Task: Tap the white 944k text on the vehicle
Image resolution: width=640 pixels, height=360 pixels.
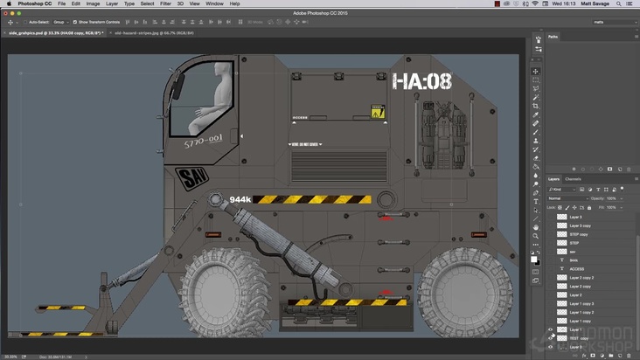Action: click(240, 200)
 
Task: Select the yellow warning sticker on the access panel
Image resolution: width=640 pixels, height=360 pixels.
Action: click(378, 112)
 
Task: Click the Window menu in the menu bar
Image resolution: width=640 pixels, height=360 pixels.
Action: click(213, 3)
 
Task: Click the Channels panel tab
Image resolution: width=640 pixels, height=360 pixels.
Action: click(573, 178)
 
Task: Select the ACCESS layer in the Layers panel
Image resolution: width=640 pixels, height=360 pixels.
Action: click(577, 268)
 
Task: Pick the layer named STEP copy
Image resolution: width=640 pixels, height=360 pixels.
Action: click(580, 234)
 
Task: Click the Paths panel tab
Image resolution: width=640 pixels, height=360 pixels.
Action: click(553, 37)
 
